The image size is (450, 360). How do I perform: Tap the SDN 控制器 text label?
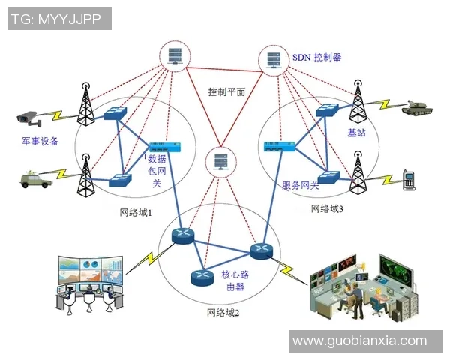[x=316, y=57]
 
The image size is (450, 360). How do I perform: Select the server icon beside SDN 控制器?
[x=273, y=58]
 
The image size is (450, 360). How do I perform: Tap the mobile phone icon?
[x=409, y=179]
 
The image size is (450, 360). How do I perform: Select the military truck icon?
[x=34, y=179]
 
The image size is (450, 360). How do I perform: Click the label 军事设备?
[x=40, y=142]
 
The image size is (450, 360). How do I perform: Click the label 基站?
[x=356, y=133]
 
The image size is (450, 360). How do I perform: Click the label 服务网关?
[x=300, y=185]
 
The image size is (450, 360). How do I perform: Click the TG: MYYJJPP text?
[x=58, y=19]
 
